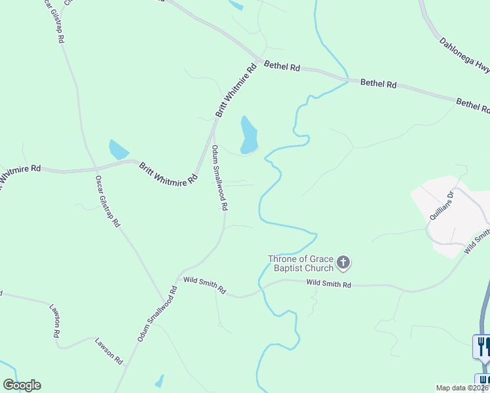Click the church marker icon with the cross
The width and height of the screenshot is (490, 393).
343,264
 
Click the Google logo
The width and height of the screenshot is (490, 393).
22,385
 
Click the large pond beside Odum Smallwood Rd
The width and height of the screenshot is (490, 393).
249,135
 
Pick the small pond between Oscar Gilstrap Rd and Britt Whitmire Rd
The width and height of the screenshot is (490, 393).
119,150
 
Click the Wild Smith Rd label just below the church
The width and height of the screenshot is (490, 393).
329,285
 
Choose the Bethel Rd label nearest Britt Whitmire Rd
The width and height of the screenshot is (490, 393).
282,67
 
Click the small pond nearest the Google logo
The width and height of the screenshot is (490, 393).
159,381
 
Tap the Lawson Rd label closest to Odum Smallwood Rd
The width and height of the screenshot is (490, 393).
109,350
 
